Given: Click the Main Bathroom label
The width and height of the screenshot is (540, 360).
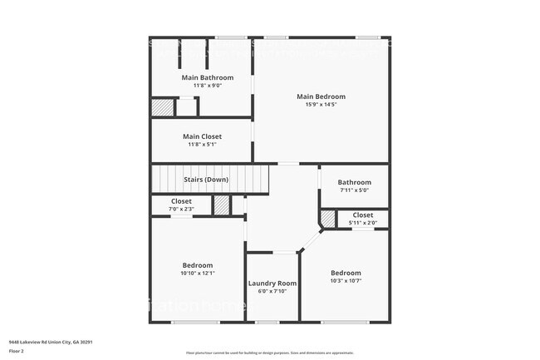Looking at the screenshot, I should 202,77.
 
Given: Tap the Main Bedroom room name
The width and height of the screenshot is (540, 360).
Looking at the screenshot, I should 321,96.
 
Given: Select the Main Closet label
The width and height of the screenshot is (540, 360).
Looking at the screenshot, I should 202,136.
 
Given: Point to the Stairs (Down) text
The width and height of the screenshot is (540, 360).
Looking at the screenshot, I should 205,180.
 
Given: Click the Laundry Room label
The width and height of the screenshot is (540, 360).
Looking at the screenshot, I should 272,284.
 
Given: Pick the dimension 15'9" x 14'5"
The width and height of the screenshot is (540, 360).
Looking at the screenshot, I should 321,105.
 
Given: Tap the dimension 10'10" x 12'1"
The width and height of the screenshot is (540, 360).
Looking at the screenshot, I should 198,274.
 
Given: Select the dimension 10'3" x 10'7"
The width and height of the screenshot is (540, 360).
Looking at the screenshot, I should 346,281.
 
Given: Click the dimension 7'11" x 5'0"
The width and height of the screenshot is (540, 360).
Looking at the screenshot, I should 354,190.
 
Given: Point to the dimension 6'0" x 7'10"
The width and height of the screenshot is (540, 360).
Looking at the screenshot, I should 272,292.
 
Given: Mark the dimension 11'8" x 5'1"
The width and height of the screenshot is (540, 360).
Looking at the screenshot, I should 202,145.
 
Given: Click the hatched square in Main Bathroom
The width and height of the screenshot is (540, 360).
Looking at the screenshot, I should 162,107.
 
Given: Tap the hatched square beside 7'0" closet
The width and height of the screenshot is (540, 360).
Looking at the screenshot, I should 222,205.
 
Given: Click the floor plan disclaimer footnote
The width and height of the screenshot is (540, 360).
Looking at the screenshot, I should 269,353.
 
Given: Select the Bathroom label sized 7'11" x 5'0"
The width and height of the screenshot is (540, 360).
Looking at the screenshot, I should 354,182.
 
